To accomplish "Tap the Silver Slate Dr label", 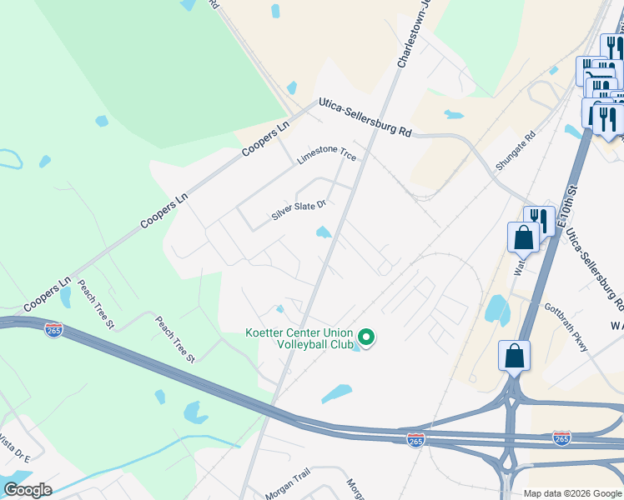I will (298, 209).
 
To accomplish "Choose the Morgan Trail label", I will (289, 473).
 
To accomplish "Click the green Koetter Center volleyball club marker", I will (365, 337).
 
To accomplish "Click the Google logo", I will (28, 489).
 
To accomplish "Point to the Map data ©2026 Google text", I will (572, 493).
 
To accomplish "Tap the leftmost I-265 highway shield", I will (53, 330).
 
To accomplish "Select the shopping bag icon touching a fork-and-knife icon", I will (523, 237).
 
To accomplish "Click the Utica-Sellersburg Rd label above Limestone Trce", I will (365, 118).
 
